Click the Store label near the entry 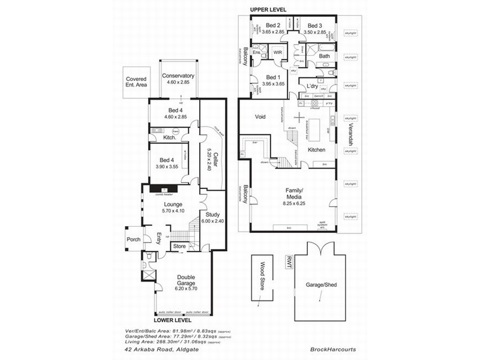coord(179,246)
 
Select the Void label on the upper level coord(260,117)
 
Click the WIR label coord(278,53)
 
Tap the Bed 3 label coord(316,25)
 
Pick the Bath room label coord(325,56)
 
